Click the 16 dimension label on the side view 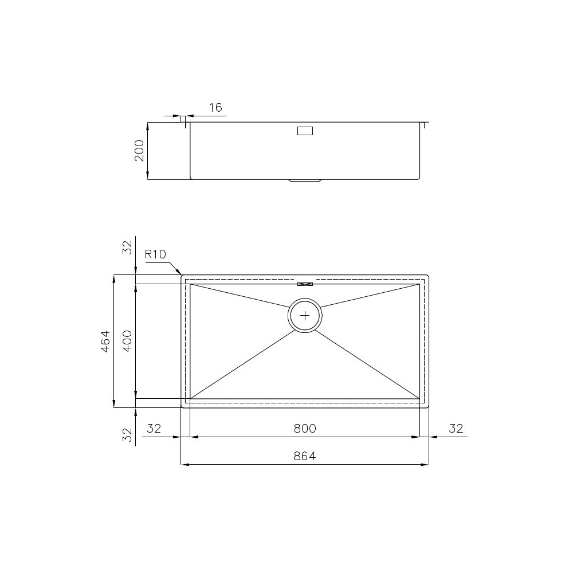point(215,108)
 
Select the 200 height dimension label point(139,151)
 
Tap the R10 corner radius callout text point(155,254)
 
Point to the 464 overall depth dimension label point(105,342)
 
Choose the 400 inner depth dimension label point(128,342)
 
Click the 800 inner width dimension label point(305,428)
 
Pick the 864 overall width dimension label point(305,456)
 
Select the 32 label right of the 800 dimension point(456,428)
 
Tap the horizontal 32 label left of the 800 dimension point(154,428)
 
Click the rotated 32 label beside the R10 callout point(128,246)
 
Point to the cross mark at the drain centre point(305,315)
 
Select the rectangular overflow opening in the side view point(305,131)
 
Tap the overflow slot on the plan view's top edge point(305,283)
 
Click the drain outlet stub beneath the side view point(305,181)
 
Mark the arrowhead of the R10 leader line point(179,272)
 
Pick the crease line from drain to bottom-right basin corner point(367,363)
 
